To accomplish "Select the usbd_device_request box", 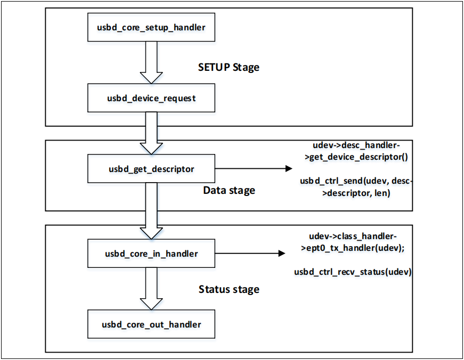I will tap(151, 99).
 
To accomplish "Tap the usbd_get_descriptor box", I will tap(151, 169).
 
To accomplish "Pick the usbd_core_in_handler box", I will tap(151, 254).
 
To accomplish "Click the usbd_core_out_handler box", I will tap(151, 324).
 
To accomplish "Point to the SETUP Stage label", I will tap(229, 68).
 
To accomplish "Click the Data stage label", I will tap(229, 190).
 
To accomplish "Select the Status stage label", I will tap(229, 290).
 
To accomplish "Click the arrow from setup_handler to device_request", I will tap(151, 63).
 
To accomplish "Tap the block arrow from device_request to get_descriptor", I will tap(151, 133).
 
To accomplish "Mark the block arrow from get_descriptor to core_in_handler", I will tap(151, 211).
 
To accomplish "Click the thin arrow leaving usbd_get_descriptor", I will tap(253, 169).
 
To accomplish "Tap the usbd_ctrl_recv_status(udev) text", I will tap(354, 272).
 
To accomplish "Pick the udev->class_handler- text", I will tap(354, 235).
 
